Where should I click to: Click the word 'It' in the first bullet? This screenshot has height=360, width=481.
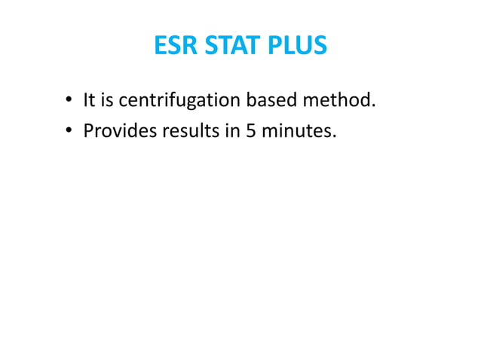tap(90, 99)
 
